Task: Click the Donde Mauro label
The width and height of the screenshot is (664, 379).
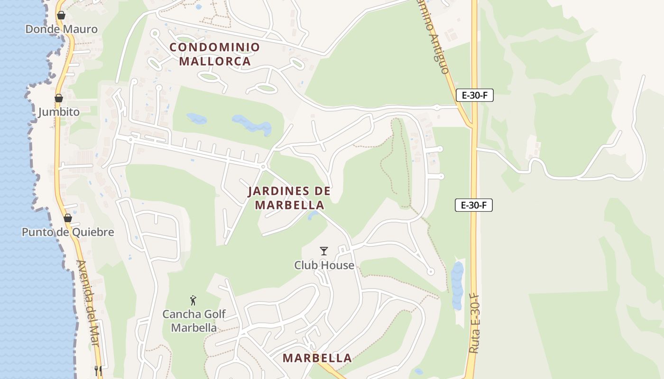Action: (61, 29)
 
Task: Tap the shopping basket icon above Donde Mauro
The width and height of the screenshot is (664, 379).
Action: (61, 16)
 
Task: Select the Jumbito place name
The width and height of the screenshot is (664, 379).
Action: (59, 112)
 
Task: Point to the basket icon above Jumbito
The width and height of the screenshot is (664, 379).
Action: (59, 99)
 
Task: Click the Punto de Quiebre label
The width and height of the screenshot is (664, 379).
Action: (68, 232)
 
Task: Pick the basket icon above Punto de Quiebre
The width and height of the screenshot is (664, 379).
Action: (68, 218)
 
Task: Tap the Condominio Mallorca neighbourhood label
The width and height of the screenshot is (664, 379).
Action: (215, 54)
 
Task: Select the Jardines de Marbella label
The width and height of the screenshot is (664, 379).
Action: (289, 198)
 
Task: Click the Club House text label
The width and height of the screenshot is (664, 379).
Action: (324, 265)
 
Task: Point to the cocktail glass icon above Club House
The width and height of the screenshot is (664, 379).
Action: (324, 251)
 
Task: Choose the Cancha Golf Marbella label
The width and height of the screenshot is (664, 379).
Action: (194, 321)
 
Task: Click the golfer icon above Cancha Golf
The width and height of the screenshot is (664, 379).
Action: (193, 300)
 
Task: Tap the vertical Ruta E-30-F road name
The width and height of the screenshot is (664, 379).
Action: (474, 323)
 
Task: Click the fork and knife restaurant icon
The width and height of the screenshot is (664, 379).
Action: (98, 370)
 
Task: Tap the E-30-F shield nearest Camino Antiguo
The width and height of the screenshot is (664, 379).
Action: (474, 95)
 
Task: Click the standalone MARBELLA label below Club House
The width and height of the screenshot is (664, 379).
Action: (317, 358)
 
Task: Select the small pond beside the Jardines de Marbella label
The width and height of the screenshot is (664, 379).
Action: (313, 216)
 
